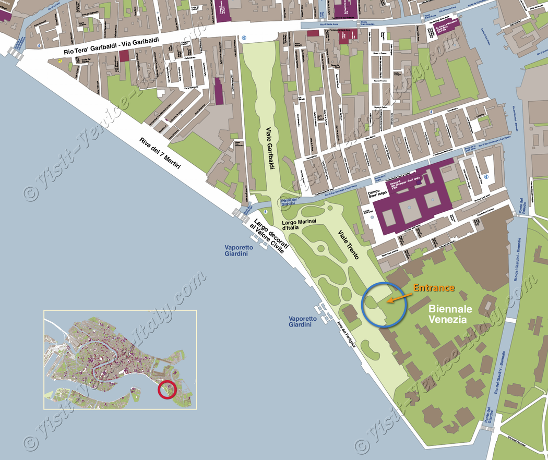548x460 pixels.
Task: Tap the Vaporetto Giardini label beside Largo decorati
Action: [239, 251]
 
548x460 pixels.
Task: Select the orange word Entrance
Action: [434, 288]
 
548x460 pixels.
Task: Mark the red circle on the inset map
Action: [166, 390]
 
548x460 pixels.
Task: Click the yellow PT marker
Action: [60, 61]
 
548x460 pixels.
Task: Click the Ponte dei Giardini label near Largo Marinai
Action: [289, 202]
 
